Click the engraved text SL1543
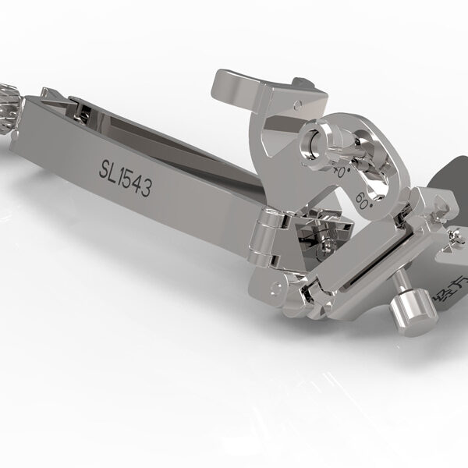tap(125, 177)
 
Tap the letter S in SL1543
tap(105, 167)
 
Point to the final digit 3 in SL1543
tap(145, 187)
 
